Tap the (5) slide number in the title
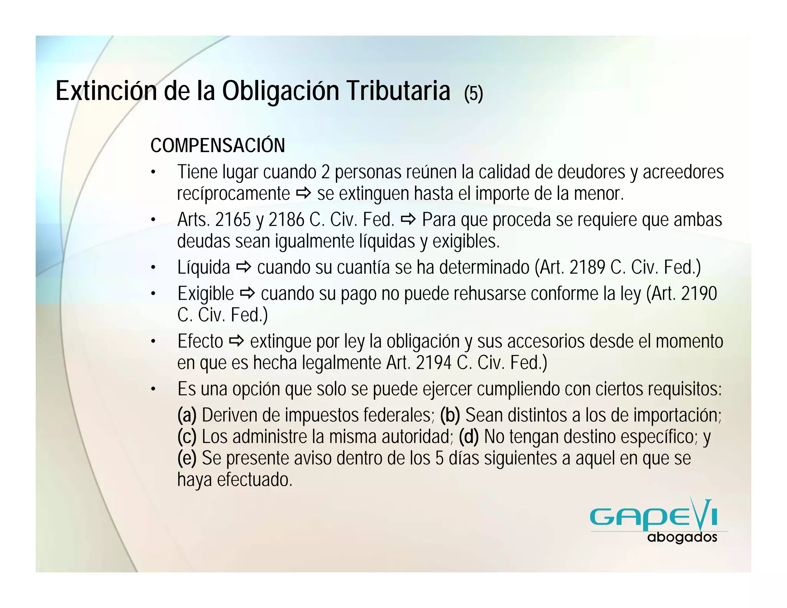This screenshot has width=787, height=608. click(x=473, y=93)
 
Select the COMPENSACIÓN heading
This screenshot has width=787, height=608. click(x=218, y=145)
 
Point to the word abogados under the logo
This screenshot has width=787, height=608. click(x=682, y=537)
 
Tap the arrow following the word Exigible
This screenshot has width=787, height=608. click(x=247, y=294)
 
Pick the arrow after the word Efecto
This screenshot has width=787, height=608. click(x=236, y=341)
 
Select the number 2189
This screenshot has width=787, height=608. click(x=587, y=267)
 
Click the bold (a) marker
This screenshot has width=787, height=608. click(x=187, y=415)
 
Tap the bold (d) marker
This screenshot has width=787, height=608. click(x=469, y=437)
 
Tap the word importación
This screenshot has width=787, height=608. click(x=677, y=415)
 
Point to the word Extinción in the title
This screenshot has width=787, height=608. click(x=106, y=91)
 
